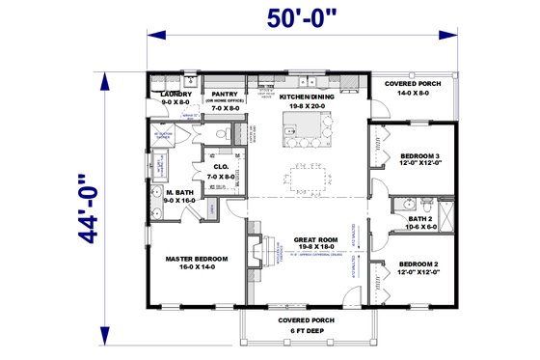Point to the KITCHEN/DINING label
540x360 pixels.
point(306,97)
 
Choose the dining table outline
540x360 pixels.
point(306,177)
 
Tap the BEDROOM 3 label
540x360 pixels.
point(419,155)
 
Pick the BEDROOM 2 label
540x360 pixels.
point(419,263)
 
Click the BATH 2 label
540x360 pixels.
point(418,219)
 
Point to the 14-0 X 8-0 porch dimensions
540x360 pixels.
point(413,94)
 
